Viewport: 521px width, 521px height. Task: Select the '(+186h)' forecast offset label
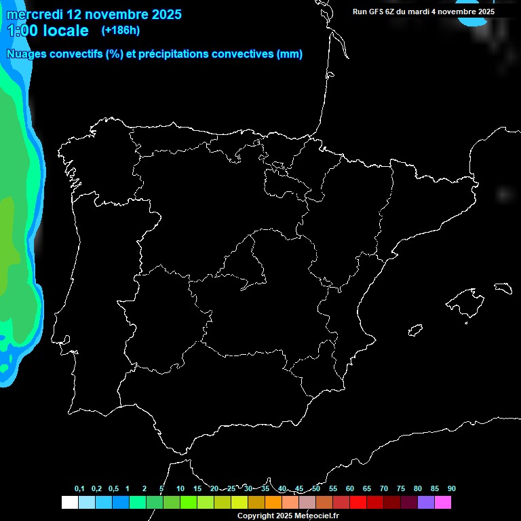120,31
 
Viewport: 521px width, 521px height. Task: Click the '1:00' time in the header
22,31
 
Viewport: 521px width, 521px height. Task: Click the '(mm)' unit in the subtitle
290,54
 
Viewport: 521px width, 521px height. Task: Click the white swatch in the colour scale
69,503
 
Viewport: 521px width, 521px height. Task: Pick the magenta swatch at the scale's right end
442,503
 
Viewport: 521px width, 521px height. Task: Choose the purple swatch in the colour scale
425,503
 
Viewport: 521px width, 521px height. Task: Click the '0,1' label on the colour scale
79,489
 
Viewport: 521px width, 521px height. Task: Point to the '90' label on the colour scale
452,489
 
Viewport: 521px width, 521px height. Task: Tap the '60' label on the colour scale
350,489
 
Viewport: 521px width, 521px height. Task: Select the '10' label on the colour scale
180,489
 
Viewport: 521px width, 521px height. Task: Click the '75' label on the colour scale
401,489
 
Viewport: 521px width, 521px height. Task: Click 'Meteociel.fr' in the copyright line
315,516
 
